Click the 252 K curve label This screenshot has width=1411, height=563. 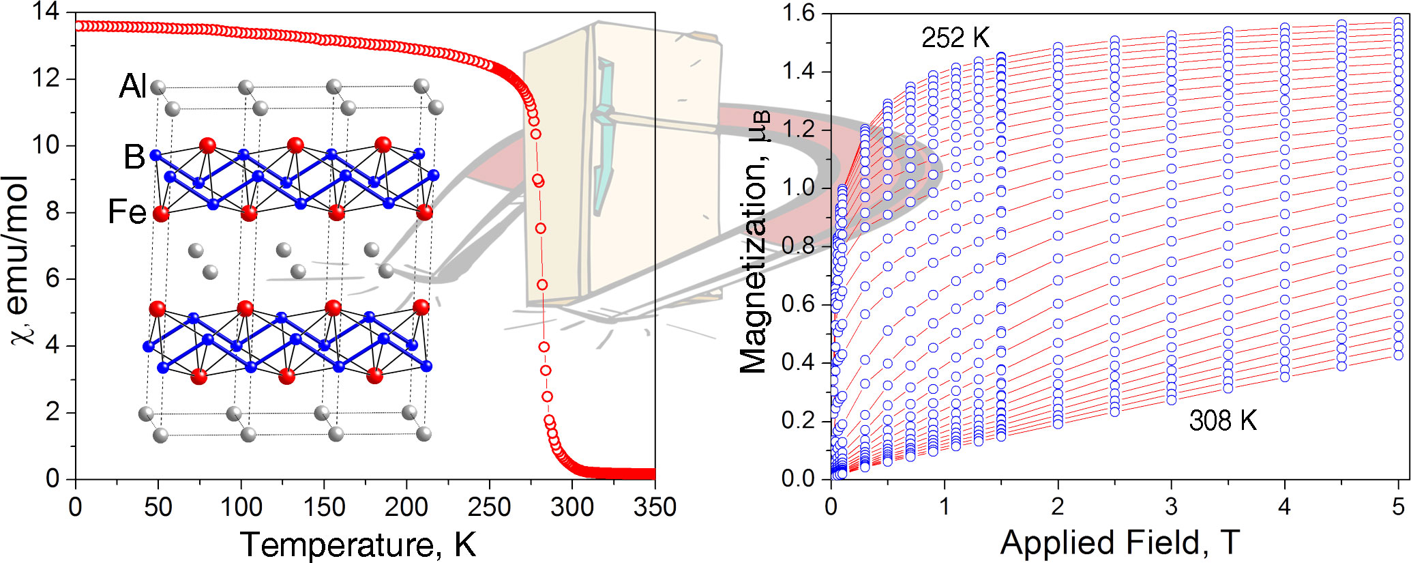955,38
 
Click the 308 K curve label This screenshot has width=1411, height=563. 1222,420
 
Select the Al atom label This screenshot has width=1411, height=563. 132,87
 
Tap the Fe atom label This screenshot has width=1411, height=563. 127,212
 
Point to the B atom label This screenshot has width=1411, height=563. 134,157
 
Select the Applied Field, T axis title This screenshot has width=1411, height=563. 1119,543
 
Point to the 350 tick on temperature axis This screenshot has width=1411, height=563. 655,507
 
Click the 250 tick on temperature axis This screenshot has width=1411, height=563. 489,507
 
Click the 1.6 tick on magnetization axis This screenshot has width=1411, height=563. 799,14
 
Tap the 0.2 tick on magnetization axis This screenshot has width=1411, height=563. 799,420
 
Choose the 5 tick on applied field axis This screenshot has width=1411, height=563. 1398,507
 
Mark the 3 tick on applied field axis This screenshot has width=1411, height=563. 1171,507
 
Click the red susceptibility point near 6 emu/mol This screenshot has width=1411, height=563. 542,285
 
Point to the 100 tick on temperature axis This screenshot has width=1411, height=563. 241,507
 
